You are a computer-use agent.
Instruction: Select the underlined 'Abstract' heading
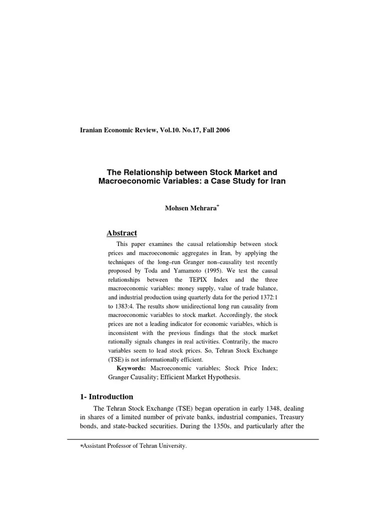click(122, 233)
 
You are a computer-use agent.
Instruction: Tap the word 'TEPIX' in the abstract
click(204, 280)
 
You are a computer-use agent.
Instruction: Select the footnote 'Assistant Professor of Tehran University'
click(128, 446)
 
